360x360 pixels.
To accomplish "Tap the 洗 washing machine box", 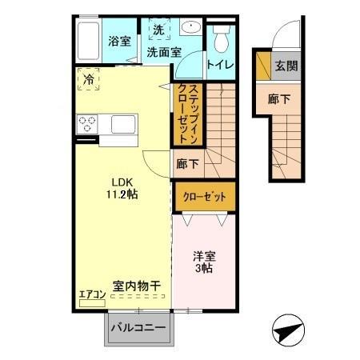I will [x=158, y=30].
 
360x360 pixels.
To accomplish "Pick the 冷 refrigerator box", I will [x=89, y=78].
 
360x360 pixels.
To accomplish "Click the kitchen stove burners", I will [x=86, y=124].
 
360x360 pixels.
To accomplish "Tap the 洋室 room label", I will [x=202, y=257].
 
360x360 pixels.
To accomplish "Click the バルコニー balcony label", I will [x=138, y=327].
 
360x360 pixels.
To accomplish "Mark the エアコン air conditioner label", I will [x=92, y=294].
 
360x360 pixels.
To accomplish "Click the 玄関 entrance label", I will [x=286, y=66].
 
